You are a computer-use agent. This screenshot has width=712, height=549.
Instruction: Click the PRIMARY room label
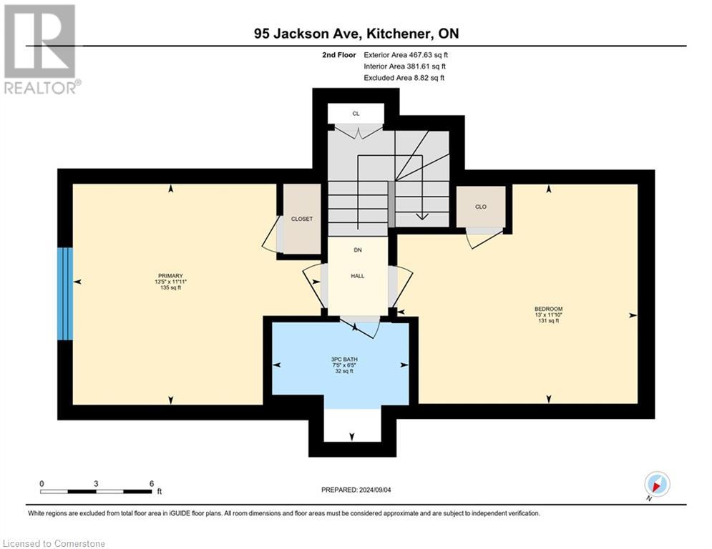tap(170, 276)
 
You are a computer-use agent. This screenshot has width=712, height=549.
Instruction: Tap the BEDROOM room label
tap(549, 309)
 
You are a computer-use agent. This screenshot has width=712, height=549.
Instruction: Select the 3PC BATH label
tap(344, 360)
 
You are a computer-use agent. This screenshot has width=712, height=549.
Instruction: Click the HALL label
tap(357, 276)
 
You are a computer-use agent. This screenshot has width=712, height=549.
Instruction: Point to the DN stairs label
tap(358, 250)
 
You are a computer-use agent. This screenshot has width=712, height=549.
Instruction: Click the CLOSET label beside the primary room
tap(302, 219)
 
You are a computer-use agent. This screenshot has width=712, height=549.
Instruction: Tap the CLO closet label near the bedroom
tap(481, 207)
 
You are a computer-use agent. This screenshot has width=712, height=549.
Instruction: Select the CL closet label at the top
tap(356, 114)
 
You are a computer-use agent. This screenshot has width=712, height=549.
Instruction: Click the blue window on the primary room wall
tap(65, 294)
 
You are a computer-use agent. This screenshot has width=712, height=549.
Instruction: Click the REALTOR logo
tap(42, 49)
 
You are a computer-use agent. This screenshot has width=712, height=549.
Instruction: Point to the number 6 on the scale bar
tap(152, 484)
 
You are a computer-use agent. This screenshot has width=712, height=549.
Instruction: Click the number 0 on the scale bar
tap(42, 484)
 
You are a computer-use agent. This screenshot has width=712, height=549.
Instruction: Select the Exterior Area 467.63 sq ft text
tap(406, 55)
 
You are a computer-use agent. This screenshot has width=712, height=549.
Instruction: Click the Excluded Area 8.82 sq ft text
tap(404, 78)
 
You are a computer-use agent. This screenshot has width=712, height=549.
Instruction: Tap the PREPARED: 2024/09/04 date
tap(356, 490)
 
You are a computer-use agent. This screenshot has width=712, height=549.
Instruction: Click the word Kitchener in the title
tap(399, 34)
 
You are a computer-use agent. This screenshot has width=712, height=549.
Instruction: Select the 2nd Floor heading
tap(339, 55)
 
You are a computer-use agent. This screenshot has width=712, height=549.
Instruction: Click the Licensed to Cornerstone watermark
tap(54, 543)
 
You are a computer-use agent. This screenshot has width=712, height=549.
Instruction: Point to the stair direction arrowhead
tap(422, 217)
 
